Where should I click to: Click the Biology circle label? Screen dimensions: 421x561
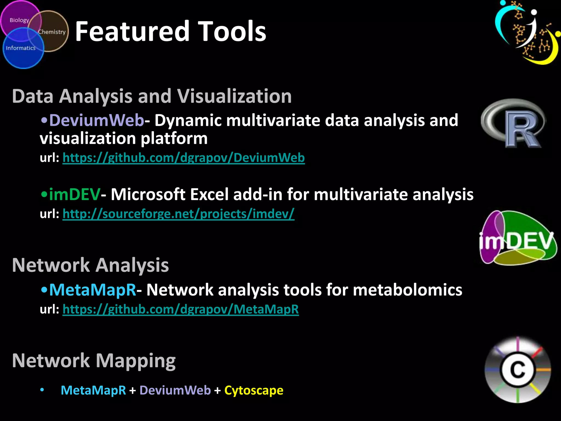19,20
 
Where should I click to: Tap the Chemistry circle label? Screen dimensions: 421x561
52,32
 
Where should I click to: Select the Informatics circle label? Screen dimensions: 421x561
21,48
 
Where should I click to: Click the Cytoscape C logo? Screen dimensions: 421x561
517,370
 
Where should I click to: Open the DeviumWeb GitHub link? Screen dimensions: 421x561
184,158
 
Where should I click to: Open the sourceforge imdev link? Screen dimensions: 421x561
178,214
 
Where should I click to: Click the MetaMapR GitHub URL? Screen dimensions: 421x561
181,309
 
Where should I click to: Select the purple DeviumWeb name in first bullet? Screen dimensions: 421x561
96,120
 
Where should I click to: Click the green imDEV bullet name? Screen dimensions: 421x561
75,195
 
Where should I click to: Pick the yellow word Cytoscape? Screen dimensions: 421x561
254,390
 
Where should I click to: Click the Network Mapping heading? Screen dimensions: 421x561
94,361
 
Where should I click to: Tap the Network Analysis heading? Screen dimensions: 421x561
90,265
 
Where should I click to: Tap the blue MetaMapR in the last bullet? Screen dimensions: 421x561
93,390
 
